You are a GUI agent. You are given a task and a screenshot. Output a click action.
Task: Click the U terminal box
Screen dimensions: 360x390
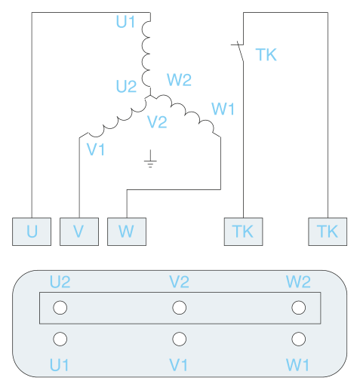pos(32,232)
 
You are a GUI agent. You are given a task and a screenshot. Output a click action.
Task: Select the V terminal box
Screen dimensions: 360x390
pos(79,232)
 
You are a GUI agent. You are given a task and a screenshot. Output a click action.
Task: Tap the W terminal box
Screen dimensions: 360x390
pos(127,232)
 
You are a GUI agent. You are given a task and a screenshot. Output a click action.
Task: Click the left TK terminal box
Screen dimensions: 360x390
pos(244,232)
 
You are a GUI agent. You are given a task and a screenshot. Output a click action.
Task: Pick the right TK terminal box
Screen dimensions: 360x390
pos(328,232)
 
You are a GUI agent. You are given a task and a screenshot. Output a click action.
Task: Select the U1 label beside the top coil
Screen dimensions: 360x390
pos(125,22)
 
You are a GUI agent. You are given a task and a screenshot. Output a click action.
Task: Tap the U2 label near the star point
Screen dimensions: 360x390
pos(126,86)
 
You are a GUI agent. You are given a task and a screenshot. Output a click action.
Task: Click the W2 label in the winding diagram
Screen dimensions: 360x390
pos(179,80)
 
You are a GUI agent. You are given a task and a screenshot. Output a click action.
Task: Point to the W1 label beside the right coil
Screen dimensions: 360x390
pos(223,109)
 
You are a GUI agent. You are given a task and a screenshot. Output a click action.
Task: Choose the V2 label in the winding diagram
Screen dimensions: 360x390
pos(157,122)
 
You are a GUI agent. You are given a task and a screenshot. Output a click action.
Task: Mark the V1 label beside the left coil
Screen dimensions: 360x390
pos(96,149)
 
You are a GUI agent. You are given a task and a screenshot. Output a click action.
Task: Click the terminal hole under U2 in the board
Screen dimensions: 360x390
pos(60,308)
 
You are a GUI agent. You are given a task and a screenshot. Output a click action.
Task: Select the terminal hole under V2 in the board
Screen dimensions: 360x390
pos(180,308)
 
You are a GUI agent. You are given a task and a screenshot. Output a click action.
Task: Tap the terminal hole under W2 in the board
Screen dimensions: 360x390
pos(299,308)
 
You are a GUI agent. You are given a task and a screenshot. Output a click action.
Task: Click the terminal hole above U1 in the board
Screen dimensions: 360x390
pos(60,339)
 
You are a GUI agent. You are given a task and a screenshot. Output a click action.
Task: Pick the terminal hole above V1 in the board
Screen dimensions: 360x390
pos(180,339)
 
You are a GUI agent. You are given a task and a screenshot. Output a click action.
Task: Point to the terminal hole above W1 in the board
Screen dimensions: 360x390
pos(299,339)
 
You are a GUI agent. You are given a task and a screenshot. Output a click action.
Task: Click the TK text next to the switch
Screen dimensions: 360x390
pos(266,54)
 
